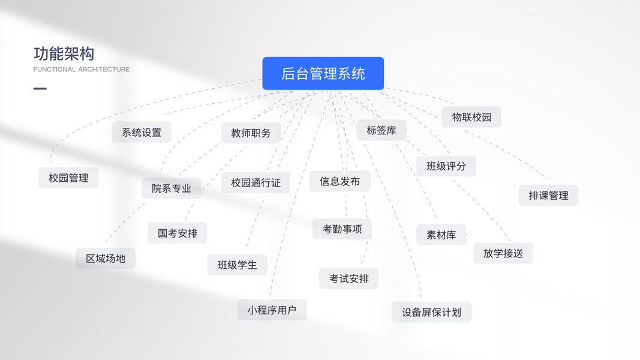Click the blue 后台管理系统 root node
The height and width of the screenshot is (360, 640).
323,73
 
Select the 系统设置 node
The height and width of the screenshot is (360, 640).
142,133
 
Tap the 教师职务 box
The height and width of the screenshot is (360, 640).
251,133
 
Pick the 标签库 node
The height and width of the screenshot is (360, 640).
381,130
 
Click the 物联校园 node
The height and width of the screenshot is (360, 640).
471,117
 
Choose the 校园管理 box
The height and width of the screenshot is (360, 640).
68,178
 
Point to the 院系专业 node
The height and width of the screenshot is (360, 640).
172,188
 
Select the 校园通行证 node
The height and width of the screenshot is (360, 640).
256,183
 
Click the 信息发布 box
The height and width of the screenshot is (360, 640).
339,181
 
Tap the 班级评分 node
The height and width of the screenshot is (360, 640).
446,166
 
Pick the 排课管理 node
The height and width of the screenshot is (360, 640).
548,196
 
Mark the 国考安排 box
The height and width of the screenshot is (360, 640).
178,233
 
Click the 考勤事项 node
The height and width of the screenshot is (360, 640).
342,229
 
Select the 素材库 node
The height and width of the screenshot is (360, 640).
441,235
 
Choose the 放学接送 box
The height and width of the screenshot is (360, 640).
503,253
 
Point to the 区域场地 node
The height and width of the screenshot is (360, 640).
106,259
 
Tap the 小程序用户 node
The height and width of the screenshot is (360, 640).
272,310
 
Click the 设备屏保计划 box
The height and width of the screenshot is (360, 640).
431,313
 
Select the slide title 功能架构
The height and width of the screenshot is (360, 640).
64,54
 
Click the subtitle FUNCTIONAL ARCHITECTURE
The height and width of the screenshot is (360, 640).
82,70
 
